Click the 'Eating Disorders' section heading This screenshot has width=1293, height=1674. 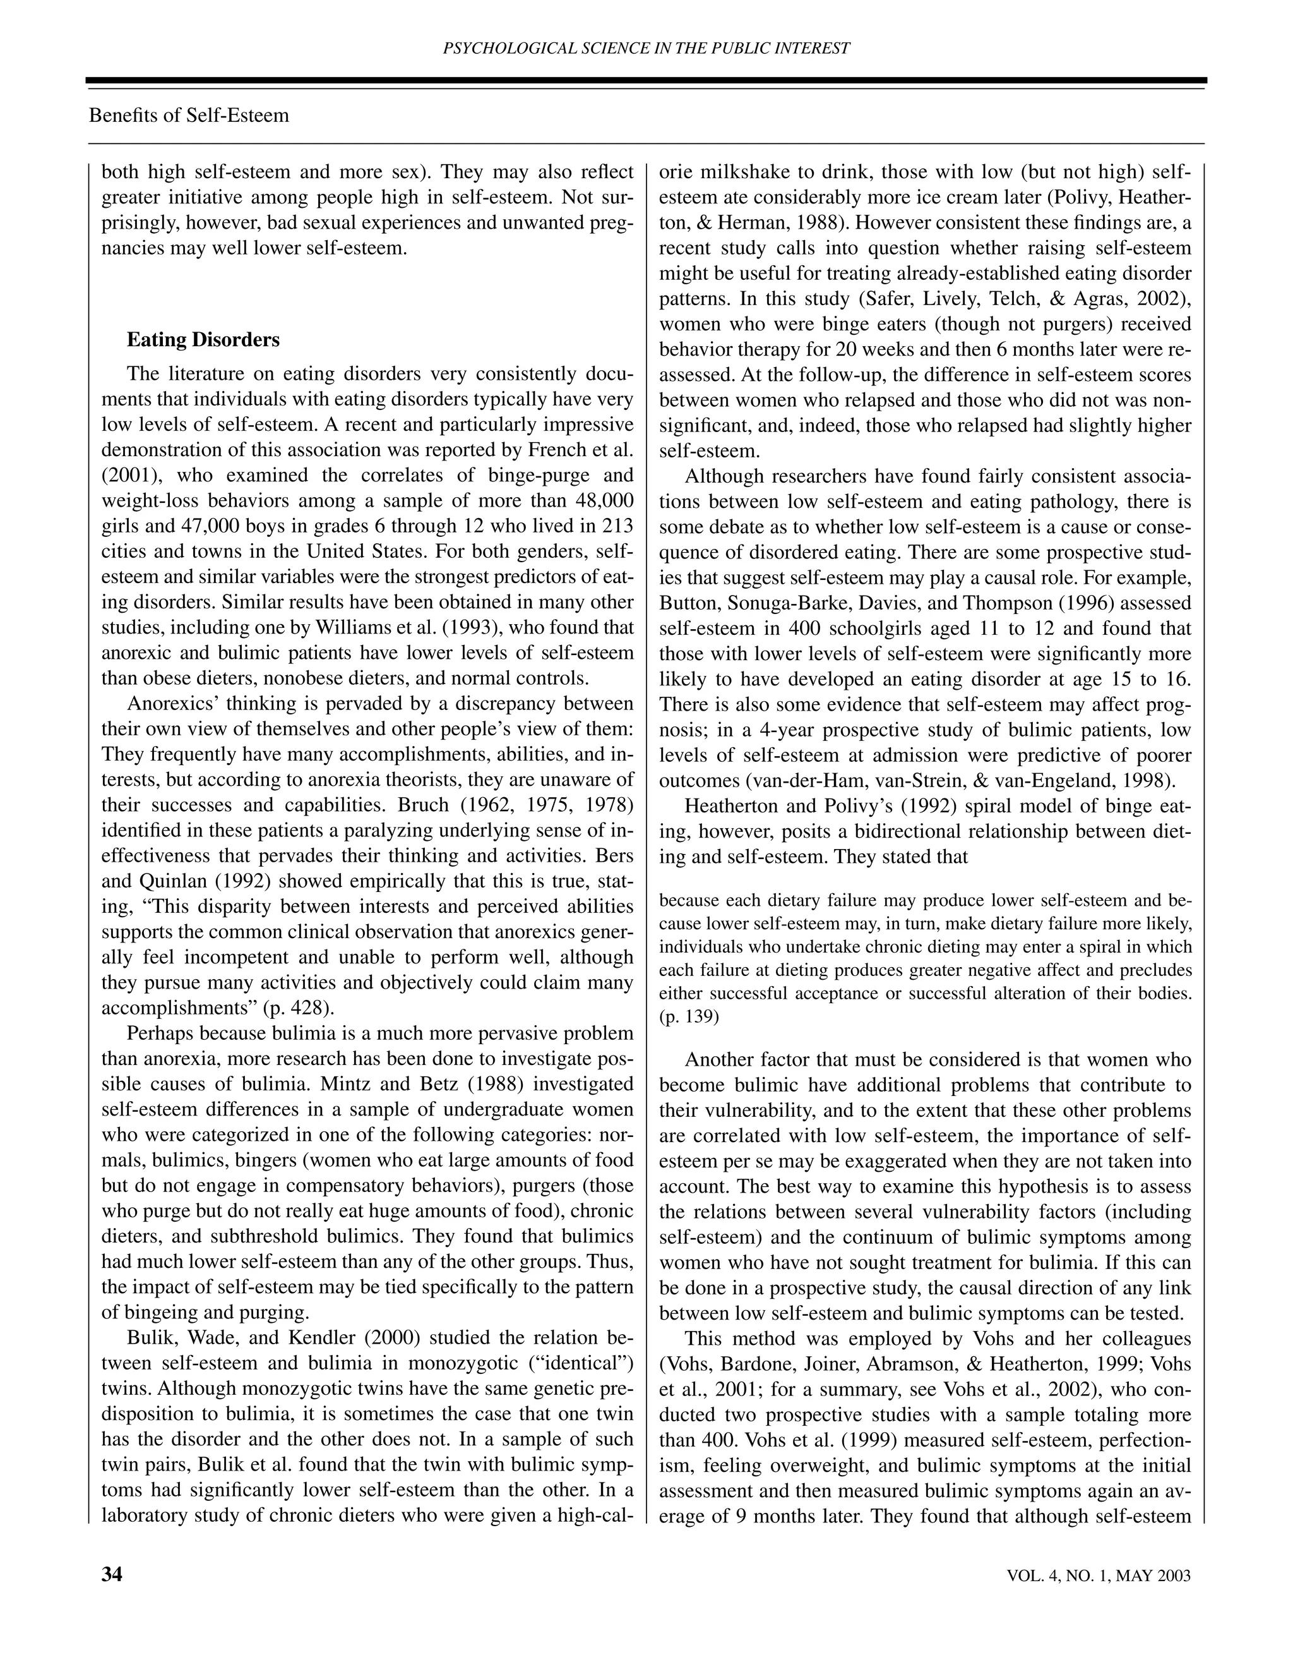tap(203, 340)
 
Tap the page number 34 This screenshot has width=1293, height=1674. tap(112, 1574)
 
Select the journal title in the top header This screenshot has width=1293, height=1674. tap(646, 48)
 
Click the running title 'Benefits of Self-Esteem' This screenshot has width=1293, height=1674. tap(189, 116)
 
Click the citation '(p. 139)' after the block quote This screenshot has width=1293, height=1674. tap(689, 1017)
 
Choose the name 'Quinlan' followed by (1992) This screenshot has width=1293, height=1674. tap(159, 881)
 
